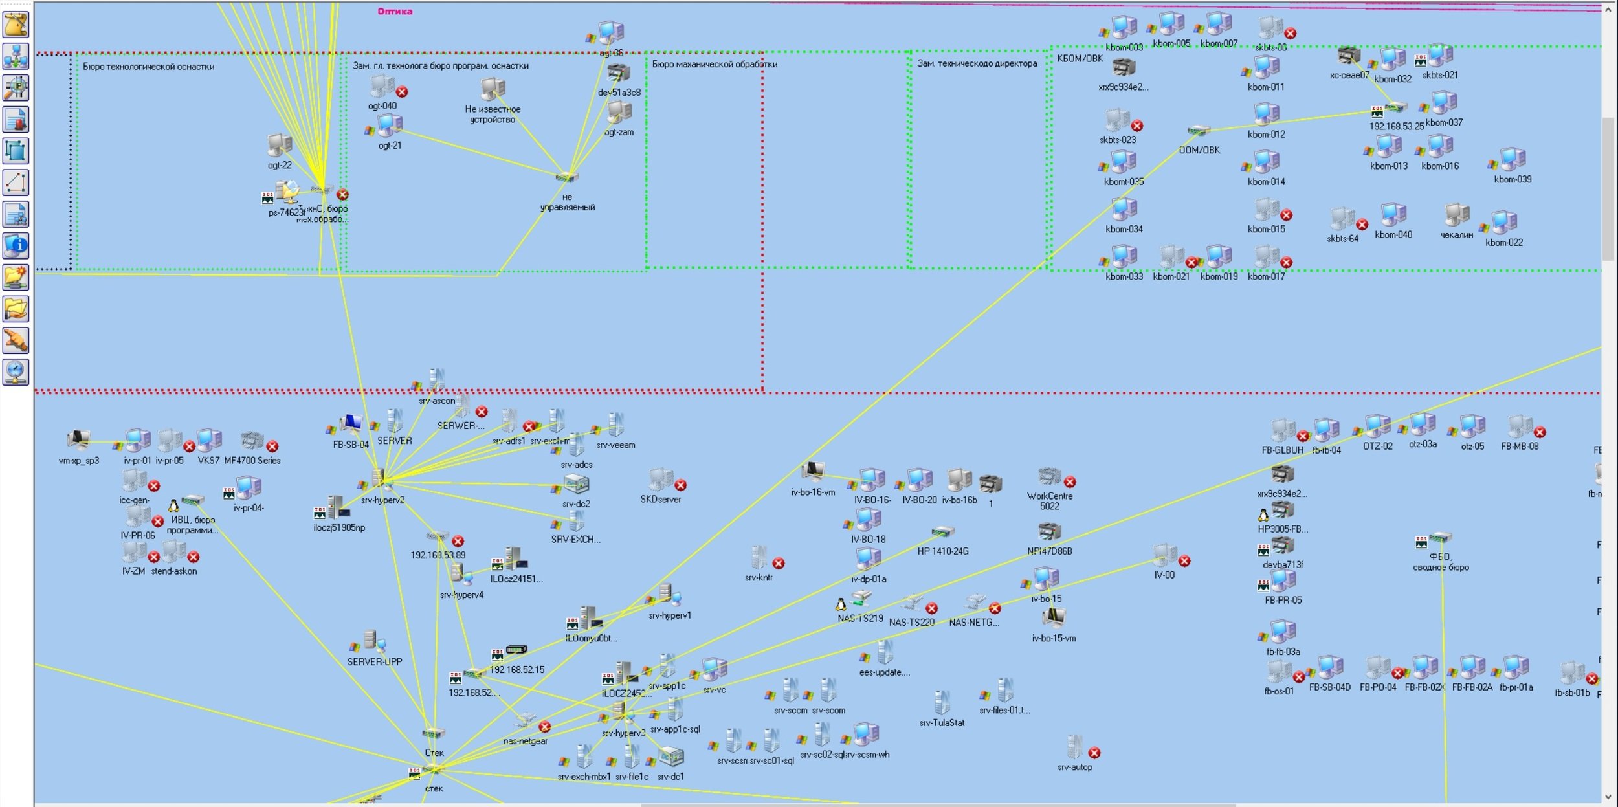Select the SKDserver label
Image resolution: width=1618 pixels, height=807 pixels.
(660, 500)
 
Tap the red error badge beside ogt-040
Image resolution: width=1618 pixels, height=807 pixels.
(402, 92)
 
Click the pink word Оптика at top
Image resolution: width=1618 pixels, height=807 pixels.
(395, 11)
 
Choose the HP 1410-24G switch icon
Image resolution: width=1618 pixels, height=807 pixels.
(942, 533)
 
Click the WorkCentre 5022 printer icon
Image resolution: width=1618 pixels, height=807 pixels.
(1049, 478)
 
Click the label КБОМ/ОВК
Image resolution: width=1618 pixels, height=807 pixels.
(1080, 58)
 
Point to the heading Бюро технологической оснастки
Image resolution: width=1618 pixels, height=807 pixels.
(148, 66)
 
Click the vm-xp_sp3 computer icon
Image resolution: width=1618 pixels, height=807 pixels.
(78, 440)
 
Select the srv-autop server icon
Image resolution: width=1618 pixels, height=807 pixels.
(1075, 747)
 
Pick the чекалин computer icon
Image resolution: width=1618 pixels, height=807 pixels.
(1456, 214)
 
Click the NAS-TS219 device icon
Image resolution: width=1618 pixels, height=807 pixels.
(861, 598)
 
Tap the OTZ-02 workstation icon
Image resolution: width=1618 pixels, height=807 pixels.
(1377, 426)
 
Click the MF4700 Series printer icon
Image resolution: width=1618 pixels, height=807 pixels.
(252, 441)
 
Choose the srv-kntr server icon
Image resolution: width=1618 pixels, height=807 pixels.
(759, 557)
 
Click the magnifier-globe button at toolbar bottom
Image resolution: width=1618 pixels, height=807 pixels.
(16, 372)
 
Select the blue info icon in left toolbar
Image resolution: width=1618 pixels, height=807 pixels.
(16, 246)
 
